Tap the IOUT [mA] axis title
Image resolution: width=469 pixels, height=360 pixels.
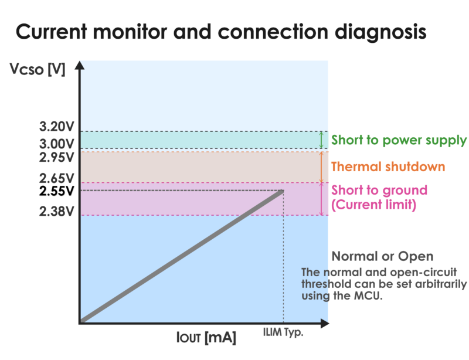pyautogui.click(x=206, y=338)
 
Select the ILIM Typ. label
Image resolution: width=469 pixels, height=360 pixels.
pyautogui.click(x=283, y=332)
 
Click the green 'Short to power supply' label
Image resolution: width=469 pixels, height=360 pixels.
pyautogui.click(x=399, y=141)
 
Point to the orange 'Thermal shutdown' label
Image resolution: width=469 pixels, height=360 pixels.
pyautogui.click(x=388, y=167)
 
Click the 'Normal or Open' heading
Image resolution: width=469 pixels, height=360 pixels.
pyautogui.click(x=382, y=256)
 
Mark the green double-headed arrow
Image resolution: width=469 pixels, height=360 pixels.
pyautogui.click(x=321, y=140)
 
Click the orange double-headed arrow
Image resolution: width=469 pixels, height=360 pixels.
pyautogui.click(x=321, y=167)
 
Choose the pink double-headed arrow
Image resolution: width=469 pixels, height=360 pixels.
pyautogui.click(x=321, y=199)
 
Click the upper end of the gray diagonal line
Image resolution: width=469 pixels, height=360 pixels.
pyautogui.click(x=283, y=191)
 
